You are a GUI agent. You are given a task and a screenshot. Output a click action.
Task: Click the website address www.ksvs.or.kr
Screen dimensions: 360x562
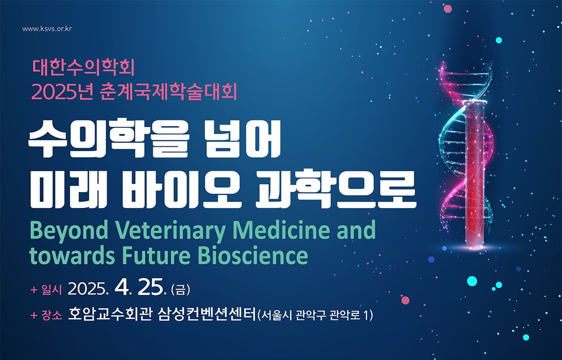(47, 29)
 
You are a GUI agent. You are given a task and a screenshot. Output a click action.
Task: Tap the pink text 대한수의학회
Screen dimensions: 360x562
(83, 69)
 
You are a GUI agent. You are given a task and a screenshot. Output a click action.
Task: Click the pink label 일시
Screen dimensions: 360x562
(52, 290)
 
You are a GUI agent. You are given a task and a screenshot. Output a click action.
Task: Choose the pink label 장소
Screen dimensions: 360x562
(52, 316)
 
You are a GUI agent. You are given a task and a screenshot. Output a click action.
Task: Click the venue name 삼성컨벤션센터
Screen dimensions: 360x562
(207, 315)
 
